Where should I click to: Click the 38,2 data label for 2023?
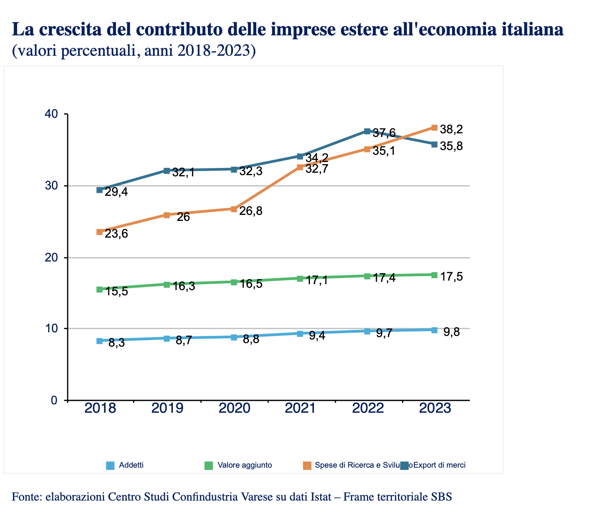[x=451, y=129]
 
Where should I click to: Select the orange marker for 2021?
[x=300, y=167]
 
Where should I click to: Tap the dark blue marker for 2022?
[x=367, y=131]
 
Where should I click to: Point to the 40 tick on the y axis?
[x=52, y=114]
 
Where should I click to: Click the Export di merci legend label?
[x=439, y=465]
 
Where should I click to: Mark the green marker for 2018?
[x=100, y=289]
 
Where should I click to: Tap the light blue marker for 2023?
[x=434, y=330]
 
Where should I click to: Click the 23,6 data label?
[x=116, y=234]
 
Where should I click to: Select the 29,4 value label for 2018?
[x=116, y=192]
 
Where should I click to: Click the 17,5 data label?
[x=452, y=277]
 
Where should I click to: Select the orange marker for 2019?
[x=167, y=215]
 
